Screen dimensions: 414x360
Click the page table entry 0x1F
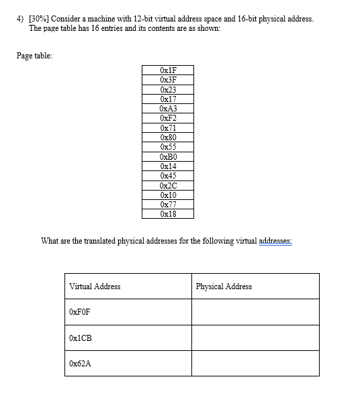tap(168, 70)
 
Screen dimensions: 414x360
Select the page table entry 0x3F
tap(168, 79)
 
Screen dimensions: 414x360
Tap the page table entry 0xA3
tap(168, 108)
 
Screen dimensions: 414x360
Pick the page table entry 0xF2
tap(168, 117)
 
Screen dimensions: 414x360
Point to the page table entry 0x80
tap(168, 137)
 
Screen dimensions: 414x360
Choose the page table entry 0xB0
tap(168, 156)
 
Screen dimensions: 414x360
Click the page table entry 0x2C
tap(168, 185)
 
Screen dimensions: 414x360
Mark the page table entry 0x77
tap(168, 204)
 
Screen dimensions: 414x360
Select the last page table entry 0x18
tap(168, 213)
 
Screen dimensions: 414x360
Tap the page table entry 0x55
tap(168, 146)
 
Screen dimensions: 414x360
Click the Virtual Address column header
tap(95, 287)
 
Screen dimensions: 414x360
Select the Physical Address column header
tap(224, 287)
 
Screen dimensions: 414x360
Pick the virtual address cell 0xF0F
tap(79, 312)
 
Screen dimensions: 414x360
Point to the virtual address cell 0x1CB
tap(80, 338)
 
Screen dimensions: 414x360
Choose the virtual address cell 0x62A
tap(79, 363)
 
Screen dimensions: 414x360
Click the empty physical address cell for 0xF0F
tap(255, 312)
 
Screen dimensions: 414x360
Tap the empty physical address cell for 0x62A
tap(255, 363)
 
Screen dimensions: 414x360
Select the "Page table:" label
tap(34, 55)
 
